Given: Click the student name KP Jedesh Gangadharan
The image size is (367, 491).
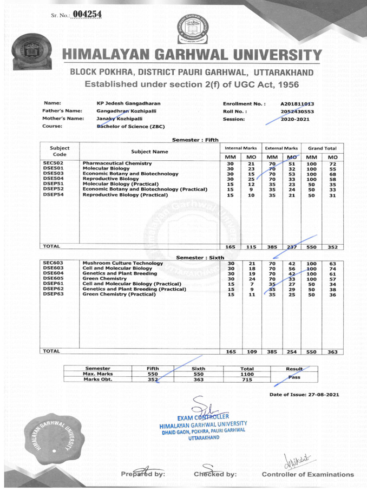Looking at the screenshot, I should [128, 103].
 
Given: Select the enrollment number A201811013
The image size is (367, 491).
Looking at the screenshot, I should [298, 103].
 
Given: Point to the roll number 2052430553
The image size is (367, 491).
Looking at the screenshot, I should [298, 112].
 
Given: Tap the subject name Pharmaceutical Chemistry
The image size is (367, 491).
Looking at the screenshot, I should [116, 163].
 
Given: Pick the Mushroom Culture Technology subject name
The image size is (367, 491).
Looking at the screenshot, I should [123, 263].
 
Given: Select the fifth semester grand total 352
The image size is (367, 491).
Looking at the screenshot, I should [333, 247].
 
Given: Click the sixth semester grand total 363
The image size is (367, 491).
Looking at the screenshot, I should [333, 351].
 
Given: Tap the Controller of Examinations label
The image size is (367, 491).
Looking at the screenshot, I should [307, 475].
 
